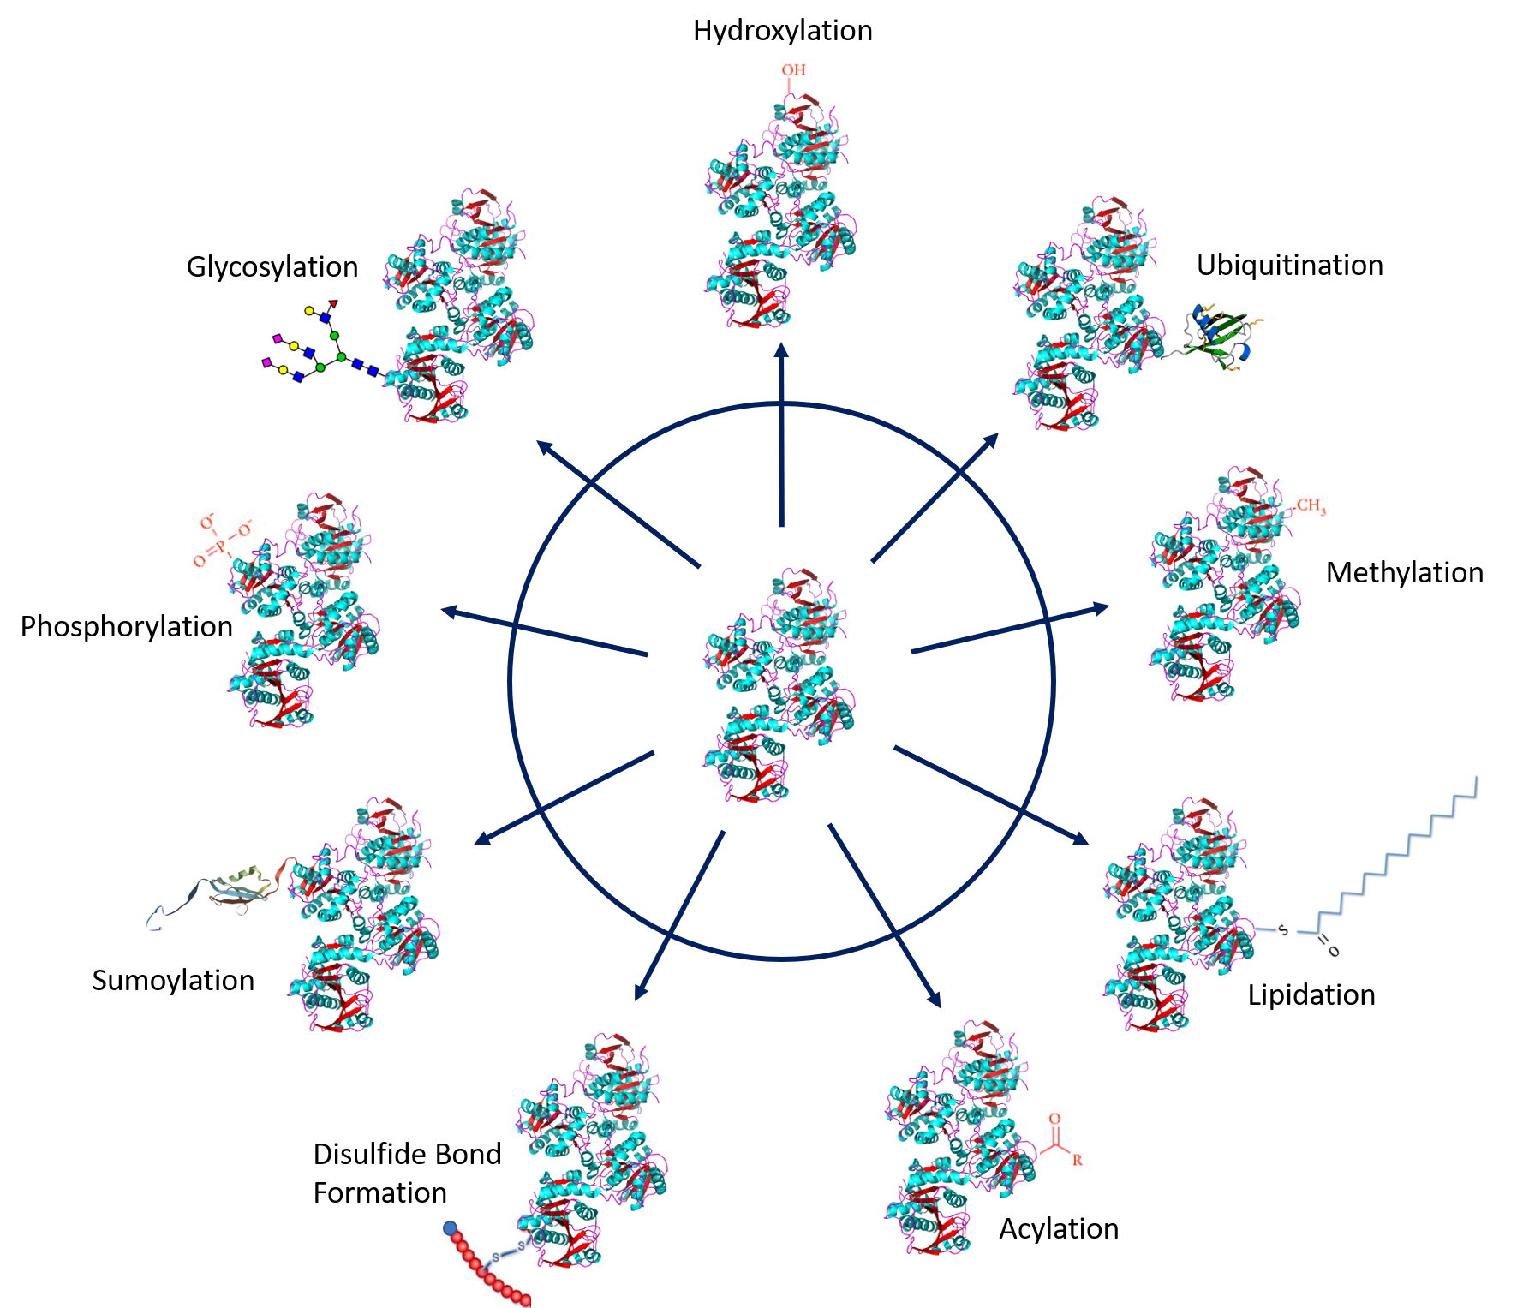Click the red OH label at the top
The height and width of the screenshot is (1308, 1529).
click(x=793, y=69)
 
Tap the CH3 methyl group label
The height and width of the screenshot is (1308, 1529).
click(x=1311, y=505)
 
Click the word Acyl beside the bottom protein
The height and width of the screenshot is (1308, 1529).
click(x=1024, y=1229)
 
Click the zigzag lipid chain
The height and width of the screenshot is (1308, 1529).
click(x=1396, y=857)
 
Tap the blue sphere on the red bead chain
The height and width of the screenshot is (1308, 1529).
click(x=451, y=1228)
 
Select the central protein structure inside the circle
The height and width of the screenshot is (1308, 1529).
click(x=779, y=684)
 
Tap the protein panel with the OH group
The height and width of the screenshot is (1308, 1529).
click(x=781, y=210)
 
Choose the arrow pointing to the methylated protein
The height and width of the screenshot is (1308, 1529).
click(x=1011, y=630)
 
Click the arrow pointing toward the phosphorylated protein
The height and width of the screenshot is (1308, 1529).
click(x=544, y=632)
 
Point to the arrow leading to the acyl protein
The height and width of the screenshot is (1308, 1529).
click(x=885, y=917)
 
